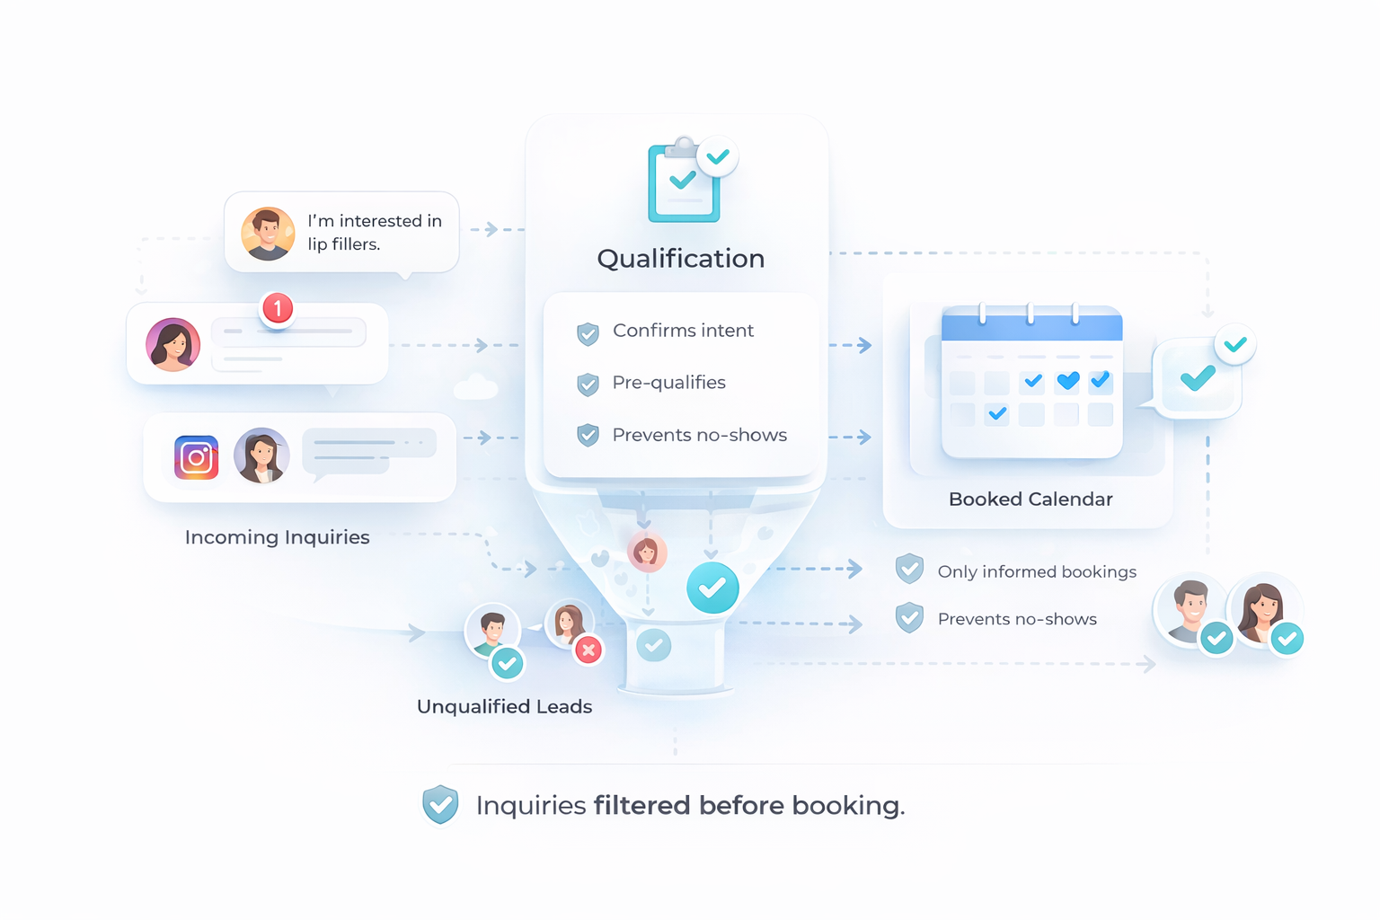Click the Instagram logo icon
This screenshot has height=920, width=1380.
[196, 457]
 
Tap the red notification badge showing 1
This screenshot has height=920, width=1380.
[278, 309]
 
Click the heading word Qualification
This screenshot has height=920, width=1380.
[680, 259]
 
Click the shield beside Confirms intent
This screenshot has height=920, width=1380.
[588, 333]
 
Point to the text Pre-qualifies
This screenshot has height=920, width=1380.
[668, 383]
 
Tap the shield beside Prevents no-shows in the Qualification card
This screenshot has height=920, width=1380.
[588, 436]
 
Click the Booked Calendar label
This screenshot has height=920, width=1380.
[1031, 500]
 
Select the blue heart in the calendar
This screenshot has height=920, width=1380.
[1067, 382]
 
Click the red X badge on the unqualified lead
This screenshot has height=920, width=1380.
[588, 650]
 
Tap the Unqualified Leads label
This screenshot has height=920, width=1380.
[504, 707]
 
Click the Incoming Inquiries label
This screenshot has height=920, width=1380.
[277, 537]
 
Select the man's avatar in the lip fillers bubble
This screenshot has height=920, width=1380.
[268, 234]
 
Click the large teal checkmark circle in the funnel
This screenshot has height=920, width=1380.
[712, 588]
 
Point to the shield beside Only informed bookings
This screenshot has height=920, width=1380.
[909, 569]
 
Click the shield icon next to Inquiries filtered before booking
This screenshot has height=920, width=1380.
[440, 804]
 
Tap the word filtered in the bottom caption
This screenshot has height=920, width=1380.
[642, 805]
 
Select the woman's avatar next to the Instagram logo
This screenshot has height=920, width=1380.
[261, 456]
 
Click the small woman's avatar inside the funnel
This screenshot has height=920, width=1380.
[646, 553]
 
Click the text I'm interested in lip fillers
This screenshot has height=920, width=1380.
[375, 233]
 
